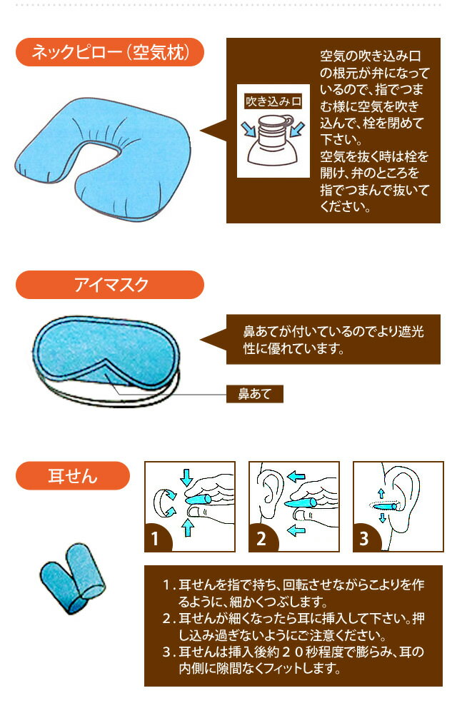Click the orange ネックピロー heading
click(x=110, y=52)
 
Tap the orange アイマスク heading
click(x=110, y=285)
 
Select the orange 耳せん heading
click(x=73, y=476)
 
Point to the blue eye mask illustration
click(x=105, y=353)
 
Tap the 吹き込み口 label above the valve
click(x=273, y=101)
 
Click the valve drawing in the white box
click(x=273, y=140)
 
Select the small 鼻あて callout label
click(x=255, y=394)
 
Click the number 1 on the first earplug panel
click(x=155, y=538)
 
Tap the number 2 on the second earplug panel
click(x=261, y=538)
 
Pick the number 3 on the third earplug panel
click(x=364, y=538)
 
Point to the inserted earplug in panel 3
click(x=383, y=506)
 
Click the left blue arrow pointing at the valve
click(x=248, y=128)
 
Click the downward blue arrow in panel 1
click(x=186, y=477)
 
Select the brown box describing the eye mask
click(x=333, y=339)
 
